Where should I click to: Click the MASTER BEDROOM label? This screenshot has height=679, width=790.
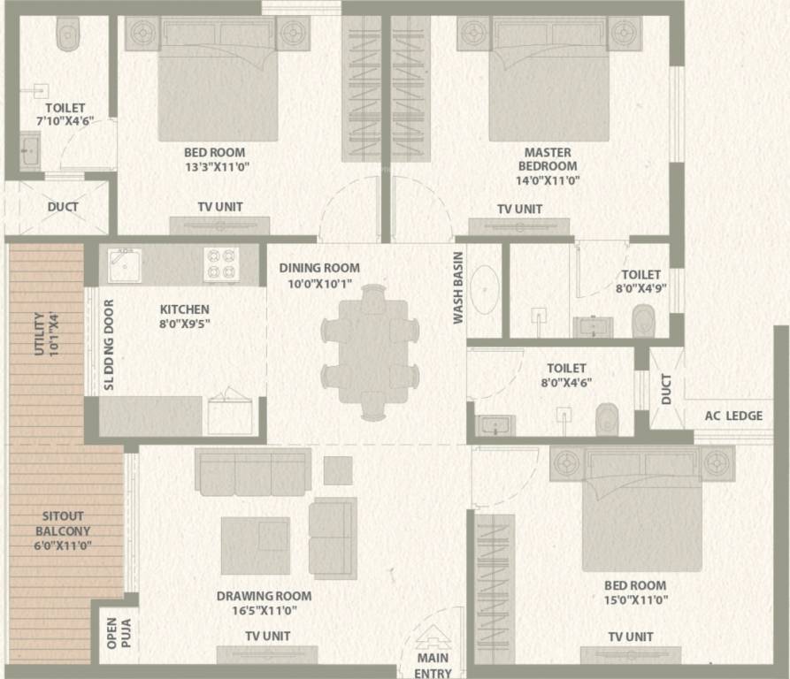tap(548, 159)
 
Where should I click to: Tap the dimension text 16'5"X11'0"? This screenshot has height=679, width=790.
tap(265, 611)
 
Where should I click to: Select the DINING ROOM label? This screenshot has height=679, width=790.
tap(319, 268)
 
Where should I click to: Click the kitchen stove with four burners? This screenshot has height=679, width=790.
tap(222, 264)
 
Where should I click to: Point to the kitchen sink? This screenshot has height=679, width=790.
tap(125, 264)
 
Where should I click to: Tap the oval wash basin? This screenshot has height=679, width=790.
tap(484, 290)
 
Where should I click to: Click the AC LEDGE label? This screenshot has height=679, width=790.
tap(733, 416)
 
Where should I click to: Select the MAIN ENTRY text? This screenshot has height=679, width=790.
tap(433, 666)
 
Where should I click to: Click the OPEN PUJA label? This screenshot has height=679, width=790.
tap(119, 633)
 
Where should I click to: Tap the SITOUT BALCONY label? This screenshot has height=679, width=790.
tap(63, 523)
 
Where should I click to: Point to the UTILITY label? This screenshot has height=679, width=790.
tap(39, 334)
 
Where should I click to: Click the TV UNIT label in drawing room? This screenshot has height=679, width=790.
tap(267, 637)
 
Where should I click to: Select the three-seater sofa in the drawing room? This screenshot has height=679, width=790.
tap(253, 472)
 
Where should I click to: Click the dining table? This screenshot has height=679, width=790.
tap(373, 351)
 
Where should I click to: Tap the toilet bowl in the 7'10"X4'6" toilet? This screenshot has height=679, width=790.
tap(68, 34)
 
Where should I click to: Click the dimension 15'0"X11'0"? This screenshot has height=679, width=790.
tap(636, 600)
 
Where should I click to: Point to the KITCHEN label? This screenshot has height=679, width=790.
tap(184, 309)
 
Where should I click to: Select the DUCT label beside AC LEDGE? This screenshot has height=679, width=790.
tap(666, 389)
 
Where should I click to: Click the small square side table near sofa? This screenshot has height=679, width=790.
tap(338, 470)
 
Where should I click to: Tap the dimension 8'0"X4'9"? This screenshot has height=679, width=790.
tap(640, 288)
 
